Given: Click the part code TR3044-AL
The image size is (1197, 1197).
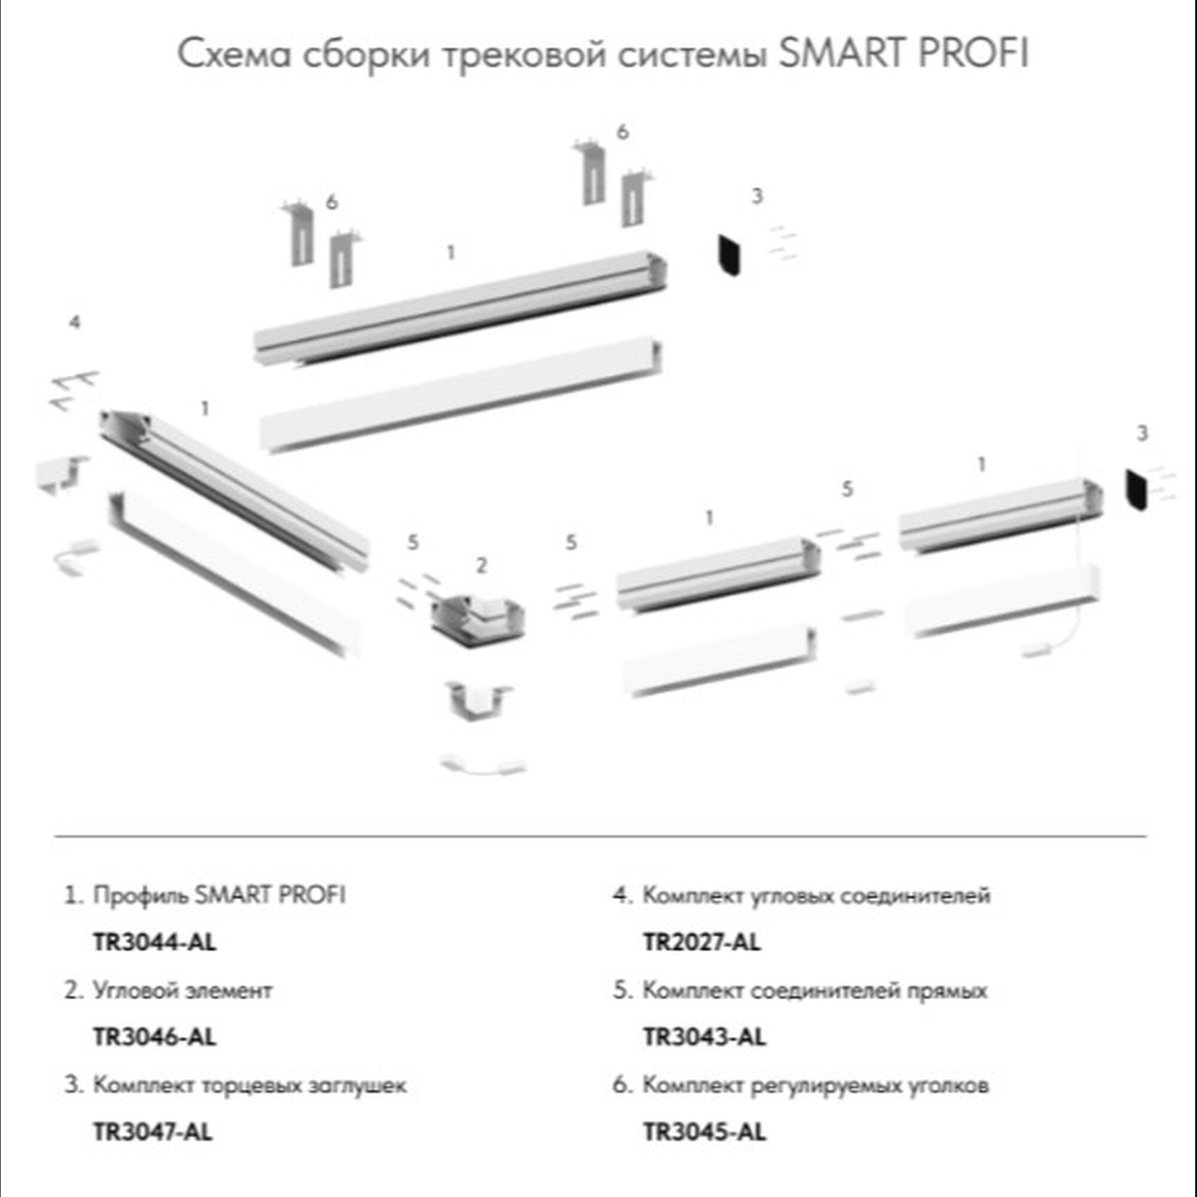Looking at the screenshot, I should click(x=154, y=943).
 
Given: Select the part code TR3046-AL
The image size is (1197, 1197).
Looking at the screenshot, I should click(x=154, y=1037).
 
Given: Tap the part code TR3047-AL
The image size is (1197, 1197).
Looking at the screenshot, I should click(x=153, y=1132).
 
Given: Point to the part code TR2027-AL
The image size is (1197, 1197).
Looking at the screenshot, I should click(x=701, y=943).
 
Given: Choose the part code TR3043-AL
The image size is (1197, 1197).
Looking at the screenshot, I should click(x=704, y=1037).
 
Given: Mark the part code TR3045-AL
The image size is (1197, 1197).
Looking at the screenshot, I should click(x=704, y=1132).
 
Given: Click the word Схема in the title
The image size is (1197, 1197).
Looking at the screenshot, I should click(x=234, y=54).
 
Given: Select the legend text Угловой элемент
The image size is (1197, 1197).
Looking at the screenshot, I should click(x=182, y=991).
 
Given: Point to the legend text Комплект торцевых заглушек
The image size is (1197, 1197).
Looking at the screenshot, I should click(x=250, y=1086).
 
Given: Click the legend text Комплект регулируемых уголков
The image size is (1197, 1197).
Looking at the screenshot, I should click(x=815, y=1086).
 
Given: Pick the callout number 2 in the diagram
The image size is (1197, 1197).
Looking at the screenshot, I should click(x=481, y=565).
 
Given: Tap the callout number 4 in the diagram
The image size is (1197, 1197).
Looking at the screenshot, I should click(x=74, y=322).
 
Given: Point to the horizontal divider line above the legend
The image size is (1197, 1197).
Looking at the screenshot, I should click(x=600, y=837).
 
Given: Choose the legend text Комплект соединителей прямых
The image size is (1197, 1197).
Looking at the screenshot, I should click(x=815, y=991).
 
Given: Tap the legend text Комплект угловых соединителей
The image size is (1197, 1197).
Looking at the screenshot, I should click(x=816, y=896).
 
